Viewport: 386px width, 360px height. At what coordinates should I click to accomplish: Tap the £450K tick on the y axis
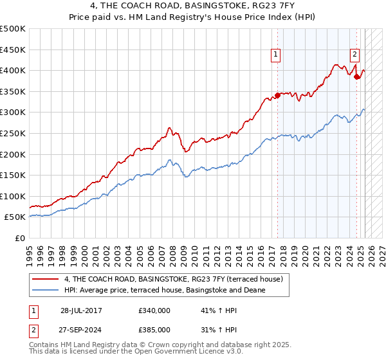click(x=13, y=50)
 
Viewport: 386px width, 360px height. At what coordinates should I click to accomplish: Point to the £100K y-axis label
click(x=13, y=196)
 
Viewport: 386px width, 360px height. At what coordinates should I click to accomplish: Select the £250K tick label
click(x=13, y=133)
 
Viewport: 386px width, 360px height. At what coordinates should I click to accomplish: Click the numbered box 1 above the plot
click(x=275, y=55)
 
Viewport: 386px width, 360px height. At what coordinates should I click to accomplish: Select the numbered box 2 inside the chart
click(x=354, y=55)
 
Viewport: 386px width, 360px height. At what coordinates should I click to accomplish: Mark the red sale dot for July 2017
click(x=278, y=95)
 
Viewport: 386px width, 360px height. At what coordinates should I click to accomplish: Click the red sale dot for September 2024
click(x=357, y=76)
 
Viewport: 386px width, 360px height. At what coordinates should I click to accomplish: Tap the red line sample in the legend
click(x=46, y=280)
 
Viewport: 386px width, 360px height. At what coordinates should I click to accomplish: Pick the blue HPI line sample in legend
click(x=46, y=291)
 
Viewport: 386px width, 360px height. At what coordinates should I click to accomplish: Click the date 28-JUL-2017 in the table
click(x=81, y=310)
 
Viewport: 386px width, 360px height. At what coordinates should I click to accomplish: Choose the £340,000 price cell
click(x=154, y=310)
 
